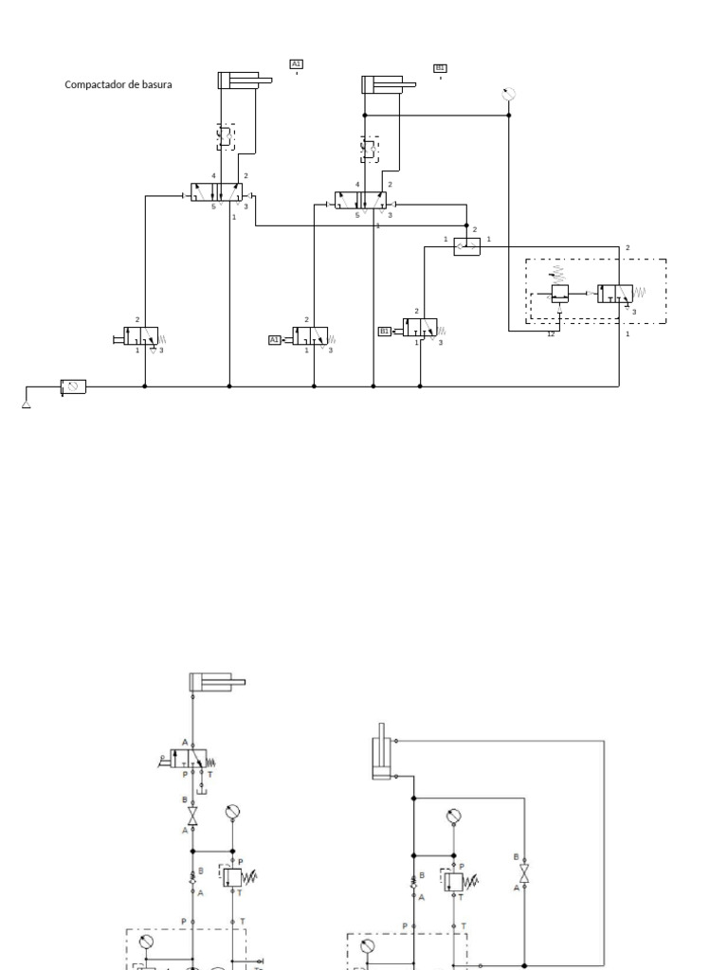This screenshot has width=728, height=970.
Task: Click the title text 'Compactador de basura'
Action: (x=118, y=84)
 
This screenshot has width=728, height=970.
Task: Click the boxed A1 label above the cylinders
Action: (x=297, y=64)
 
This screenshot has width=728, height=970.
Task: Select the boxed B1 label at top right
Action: (x=440, y=67)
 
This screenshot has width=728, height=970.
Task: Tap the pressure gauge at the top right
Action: (x=509, y=93)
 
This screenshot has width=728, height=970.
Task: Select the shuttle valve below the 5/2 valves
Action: (x=466, y=246)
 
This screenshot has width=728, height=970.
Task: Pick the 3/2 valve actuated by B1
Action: (x=419, y=328)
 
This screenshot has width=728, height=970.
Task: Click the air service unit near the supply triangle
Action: (x=73, y=386)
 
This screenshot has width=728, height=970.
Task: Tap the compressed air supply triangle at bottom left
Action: (x=26, y=404)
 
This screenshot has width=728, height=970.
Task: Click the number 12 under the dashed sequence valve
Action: (x=551, y=334)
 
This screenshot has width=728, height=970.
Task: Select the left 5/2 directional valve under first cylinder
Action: (x=216, y=192)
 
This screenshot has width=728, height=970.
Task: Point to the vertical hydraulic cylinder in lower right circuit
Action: (x=382, y=753)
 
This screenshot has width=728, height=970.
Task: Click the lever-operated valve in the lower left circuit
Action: (x=189, y=757)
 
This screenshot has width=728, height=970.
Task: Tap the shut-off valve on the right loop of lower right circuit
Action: (x=523, y=872)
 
